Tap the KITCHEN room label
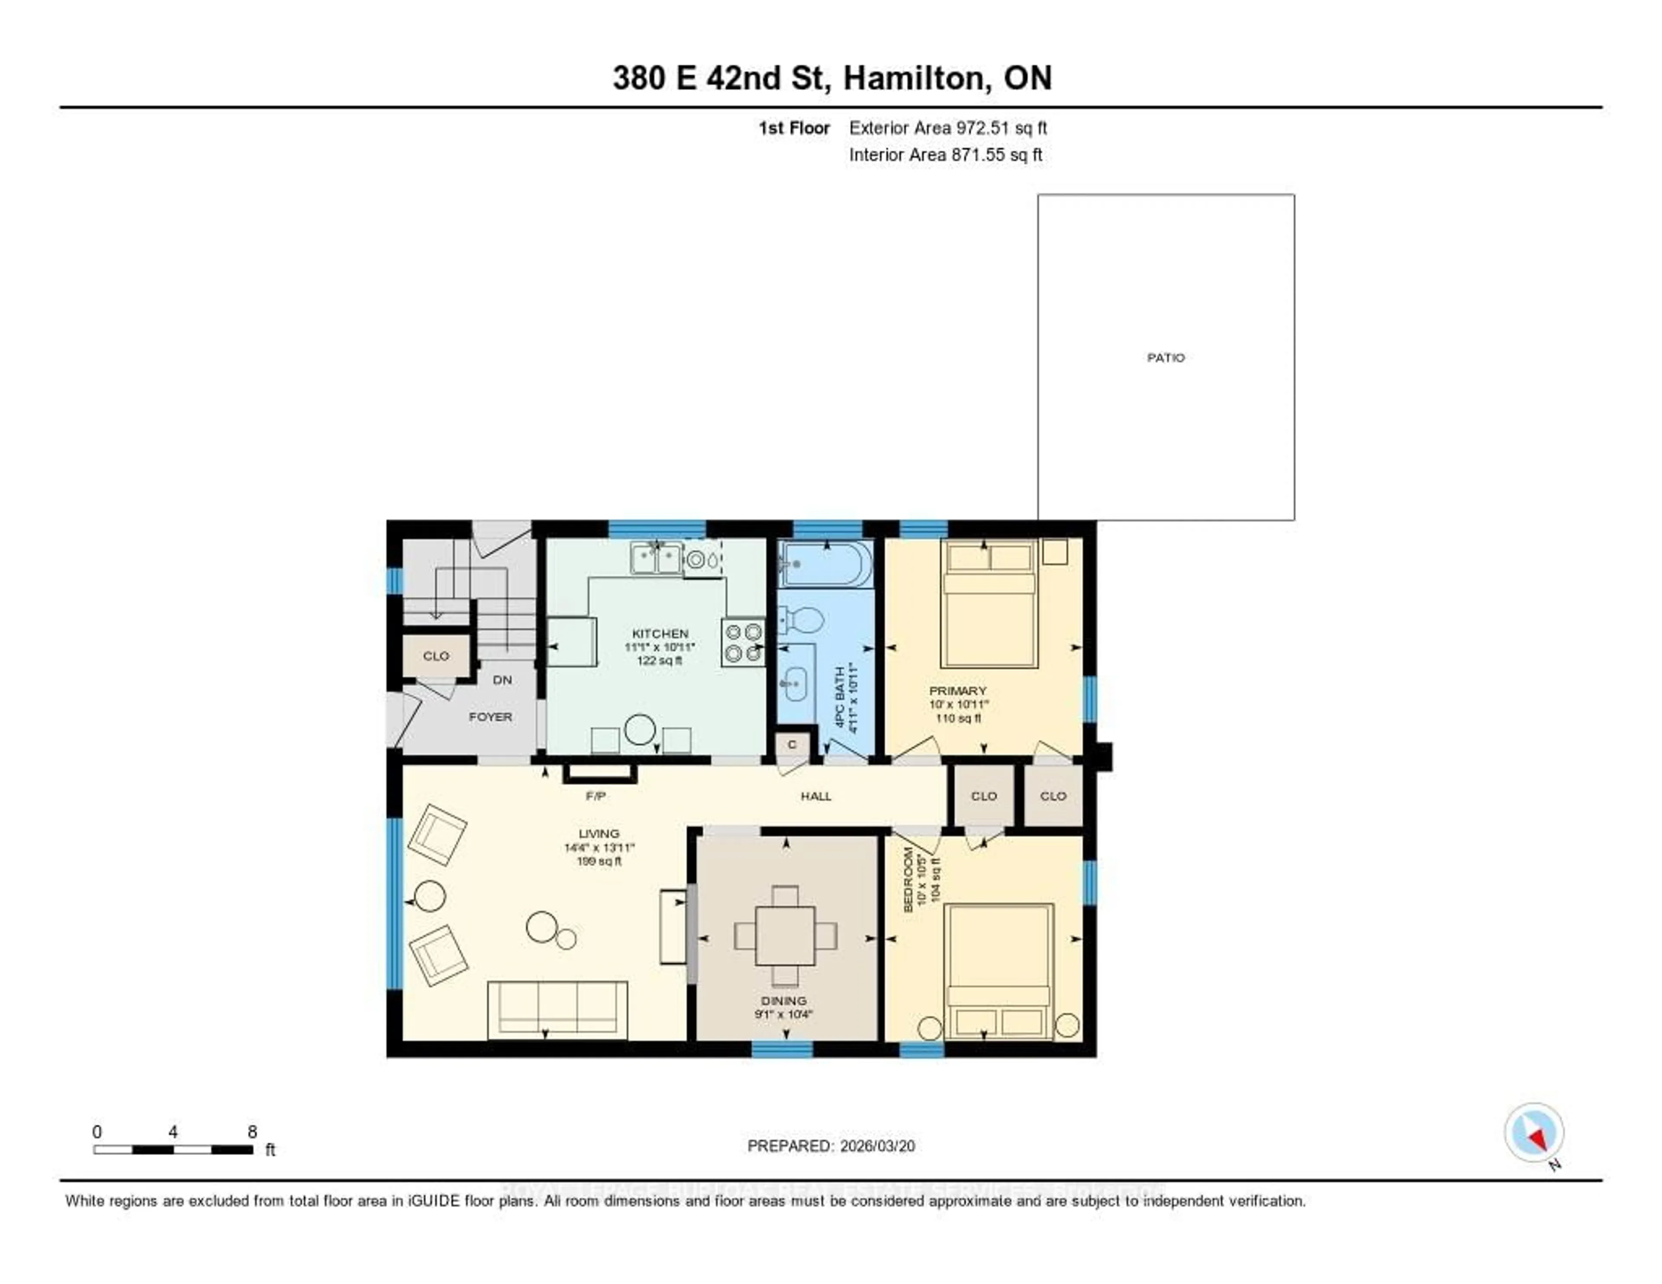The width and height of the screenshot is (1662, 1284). tap(660, 633)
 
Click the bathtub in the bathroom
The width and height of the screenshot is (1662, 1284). tap(825, 564)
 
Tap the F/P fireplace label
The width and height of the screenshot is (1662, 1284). tap(596, 796)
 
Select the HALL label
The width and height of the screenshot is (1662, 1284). tap(816, 796)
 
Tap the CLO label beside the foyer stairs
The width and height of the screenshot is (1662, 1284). tap(436, 656)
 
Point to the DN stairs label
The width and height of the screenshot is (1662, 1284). tap(502, 680)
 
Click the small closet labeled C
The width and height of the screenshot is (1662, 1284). tap(792, 744)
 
